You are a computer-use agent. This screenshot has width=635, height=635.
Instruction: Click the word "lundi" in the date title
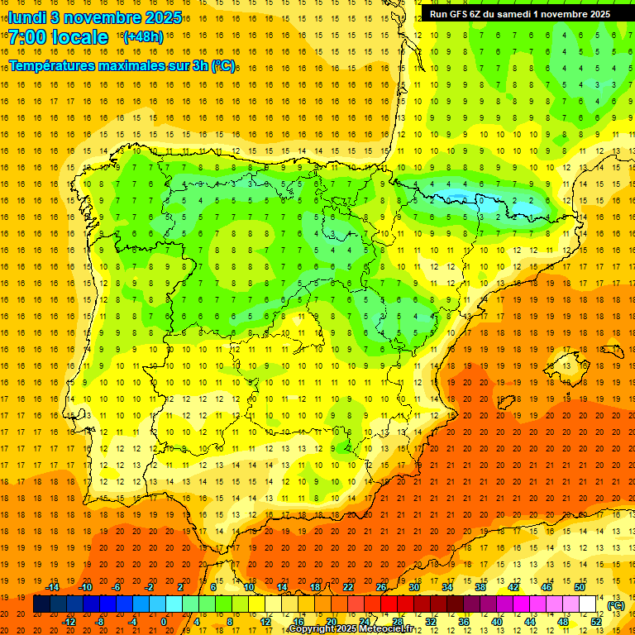26,17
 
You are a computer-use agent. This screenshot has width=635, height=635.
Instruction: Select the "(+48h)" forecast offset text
143,37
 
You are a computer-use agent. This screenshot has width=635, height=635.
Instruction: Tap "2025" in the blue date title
163,17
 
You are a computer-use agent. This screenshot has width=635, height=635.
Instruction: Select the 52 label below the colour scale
596,621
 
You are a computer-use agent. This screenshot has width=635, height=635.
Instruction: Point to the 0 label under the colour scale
164,621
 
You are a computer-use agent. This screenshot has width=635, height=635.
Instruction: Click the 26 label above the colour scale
381,587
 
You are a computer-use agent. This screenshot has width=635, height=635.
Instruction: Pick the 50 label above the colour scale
580,587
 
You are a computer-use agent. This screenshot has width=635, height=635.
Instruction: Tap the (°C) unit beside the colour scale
616,604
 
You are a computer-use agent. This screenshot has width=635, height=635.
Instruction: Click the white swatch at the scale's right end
588,604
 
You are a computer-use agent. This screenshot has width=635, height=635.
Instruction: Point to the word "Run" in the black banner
439,13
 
